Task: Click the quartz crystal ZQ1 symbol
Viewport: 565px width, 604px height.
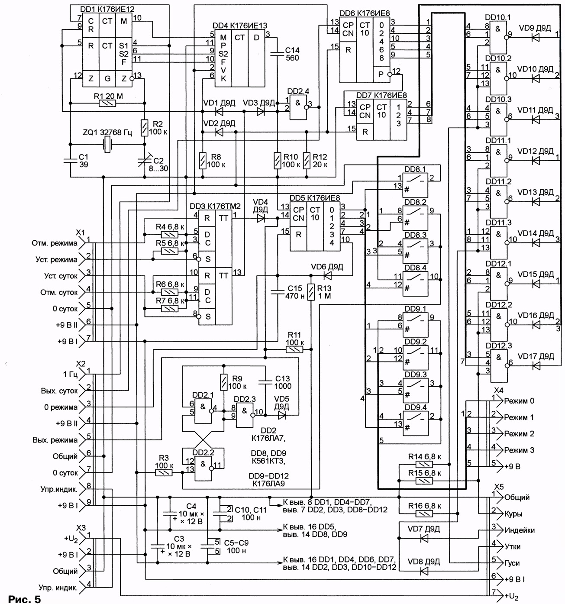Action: pyautogui.click(x=107, y=145)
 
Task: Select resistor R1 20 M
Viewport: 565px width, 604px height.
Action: pyautogui.click(x=108, y=103)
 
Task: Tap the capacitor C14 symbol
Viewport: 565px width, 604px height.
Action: pyautogui.click(x=277, y=54)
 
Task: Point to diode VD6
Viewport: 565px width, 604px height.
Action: pyautogui.click(x=327, y=275)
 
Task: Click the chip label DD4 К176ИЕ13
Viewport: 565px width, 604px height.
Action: pyautogui.click(x=240, y=26)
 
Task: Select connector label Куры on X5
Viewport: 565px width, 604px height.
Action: pyautogui.click(x=513, y=514)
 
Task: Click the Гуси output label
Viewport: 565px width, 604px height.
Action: pyautogui.click(x=512, y=563)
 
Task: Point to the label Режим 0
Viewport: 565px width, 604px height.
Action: pyautogui.click(x=519, y=401)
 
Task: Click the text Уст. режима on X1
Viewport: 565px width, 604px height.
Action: pyautogui.click(x=57, y=260)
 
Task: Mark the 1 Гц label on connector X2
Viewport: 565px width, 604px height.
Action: pyautogui.click(x=70, y=374)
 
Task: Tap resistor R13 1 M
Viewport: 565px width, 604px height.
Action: pyautogui.click(x=311, y=292)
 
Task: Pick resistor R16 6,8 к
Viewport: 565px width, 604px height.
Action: pyautogui.click(x=424, y=514)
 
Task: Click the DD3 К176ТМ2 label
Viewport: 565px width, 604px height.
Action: pyautogui.click(x=215, y=206)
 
